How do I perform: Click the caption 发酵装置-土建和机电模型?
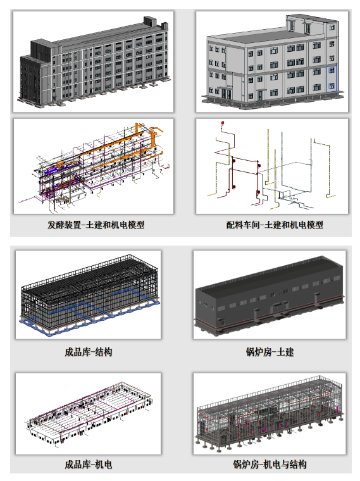(96, 225)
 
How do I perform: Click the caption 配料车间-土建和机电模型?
(275, 225)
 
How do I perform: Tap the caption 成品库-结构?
(89, 352)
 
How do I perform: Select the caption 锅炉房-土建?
(270, 352)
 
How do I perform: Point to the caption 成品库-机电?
(89, 465)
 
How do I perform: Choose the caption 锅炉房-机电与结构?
(270, 465)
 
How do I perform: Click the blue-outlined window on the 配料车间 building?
(332, 78)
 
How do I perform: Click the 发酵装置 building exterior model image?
(94, 61)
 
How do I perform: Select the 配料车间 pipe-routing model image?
(272, 166)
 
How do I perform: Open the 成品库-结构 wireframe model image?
(89, 295)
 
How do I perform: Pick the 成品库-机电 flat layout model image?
(89, 413)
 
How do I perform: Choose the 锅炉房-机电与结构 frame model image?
(270, 413)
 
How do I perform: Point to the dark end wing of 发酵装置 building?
(30, 78)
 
